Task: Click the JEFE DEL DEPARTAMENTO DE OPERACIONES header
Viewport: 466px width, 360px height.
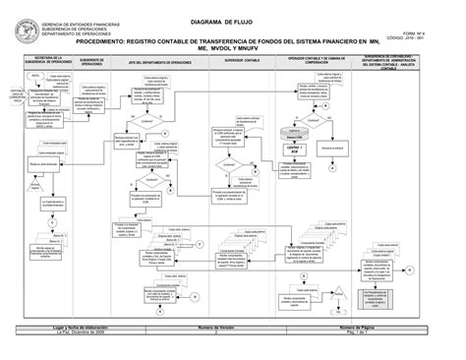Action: coord(164,62)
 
